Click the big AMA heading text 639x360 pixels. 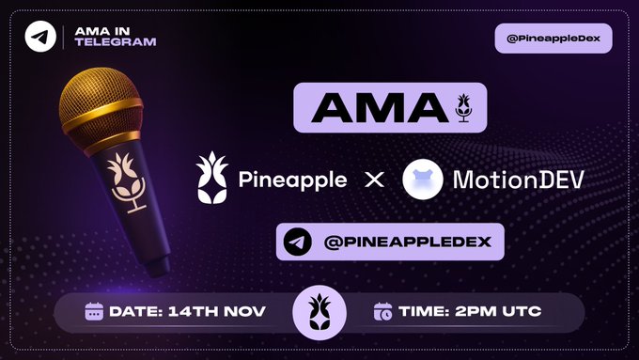(374, 108)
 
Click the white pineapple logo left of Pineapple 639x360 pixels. (211, 177)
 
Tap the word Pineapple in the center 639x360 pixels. (292, 179)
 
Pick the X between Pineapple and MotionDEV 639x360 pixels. (374, 179)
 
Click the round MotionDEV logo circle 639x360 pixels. (423, 179)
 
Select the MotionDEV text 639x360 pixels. (518, 179)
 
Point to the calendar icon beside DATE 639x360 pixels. (95, 312)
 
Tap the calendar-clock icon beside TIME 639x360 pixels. (382, 312)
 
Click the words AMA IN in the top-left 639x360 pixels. (98, 30)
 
